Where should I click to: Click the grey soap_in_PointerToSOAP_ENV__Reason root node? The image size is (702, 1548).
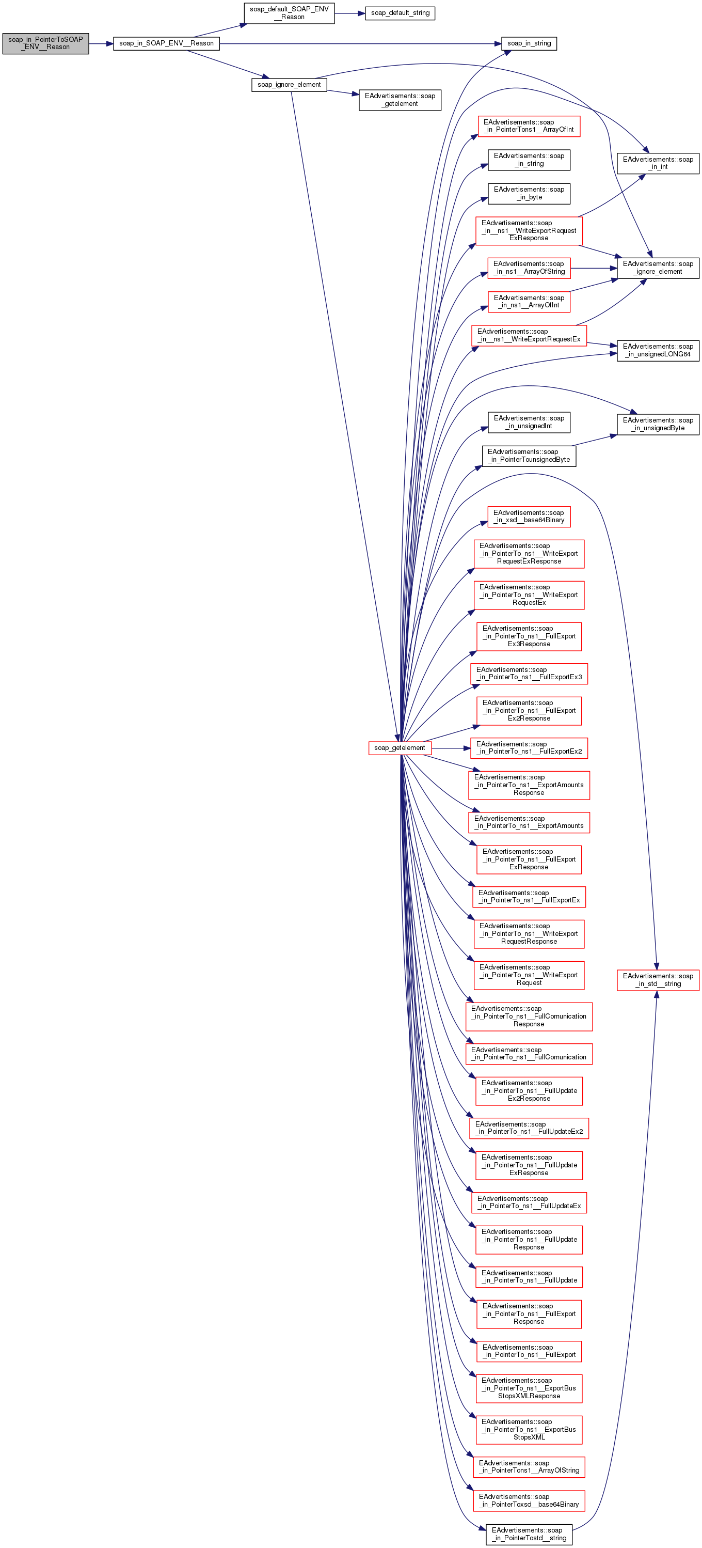45,43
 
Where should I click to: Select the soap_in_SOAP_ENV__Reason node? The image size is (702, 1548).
166,43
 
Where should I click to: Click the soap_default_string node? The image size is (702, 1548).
400,12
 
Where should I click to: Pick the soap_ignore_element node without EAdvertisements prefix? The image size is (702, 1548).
289,85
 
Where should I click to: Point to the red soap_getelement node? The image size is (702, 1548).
400,747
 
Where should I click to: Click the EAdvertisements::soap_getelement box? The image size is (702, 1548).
400,100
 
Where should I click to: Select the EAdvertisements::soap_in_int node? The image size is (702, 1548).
658,163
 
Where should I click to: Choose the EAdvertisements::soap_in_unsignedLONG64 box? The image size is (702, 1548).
658,350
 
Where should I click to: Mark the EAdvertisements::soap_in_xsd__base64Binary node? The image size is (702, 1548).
529,516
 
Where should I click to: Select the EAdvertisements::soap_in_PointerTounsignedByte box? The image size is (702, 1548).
529,456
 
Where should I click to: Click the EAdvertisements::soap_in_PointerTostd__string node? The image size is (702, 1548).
529,1534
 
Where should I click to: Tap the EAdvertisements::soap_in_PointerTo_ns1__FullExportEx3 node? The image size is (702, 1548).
529,674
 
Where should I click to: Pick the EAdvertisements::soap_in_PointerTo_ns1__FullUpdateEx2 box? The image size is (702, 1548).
529,1128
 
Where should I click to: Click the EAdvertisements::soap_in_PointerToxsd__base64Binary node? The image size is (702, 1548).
529,1500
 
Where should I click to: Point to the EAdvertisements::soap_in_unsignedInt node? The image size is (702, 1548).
529,422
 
